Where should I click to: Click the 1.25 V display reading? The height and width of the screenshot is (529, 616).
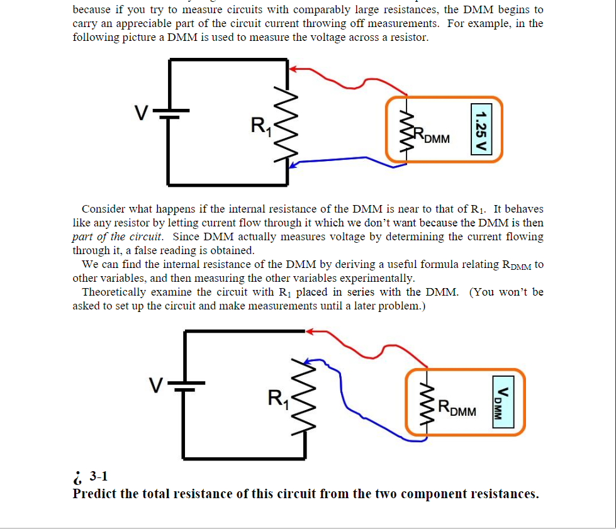tap(481, 130)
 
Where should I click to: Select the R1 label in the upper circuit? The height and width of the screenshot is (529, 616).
tap(260, 126)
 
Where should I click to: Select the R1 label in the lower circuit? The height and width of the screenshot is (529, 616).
tap(277, 399)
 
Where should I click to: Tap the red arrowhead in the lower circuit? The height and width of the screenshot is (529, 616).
tap(311, 331)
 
